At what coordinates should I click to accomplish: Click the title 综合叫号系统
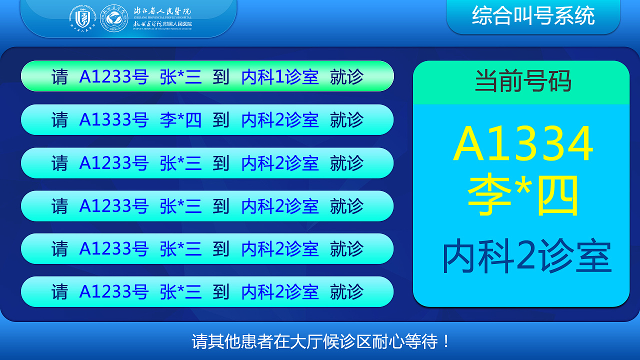(533, 16)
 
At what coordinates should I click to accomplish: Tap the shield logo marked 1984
(82, 19)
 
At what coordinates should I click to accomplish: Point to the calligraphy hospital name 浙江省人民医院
(162, 11)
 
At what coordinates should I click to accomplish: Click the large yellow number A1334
(523, 144)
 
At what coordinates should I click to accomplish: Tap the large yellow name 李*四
(523, 195)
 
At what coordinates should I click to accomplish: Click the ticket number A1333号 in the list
(114, 120)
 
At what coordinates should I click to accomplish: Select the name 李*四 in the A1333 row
(181, 120)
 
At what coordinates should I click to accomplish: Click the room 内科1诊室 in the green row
(280, 77)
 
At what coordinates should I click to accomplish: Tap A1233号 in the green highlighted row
(114, 77)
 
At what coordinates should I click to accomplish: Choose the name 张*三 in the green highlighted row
(181, 77)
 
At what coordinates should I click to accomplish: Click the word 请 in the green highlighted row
(59, 77)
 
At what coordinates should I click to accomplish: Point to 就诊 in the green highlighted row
(346, 77)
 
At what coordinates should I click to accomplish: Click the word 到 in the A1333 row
(220, 120)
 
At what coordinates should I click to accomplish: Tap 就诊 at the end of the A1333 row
(346, 120)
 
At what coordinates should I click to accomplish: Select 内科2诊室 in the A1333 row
(280, 120)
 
